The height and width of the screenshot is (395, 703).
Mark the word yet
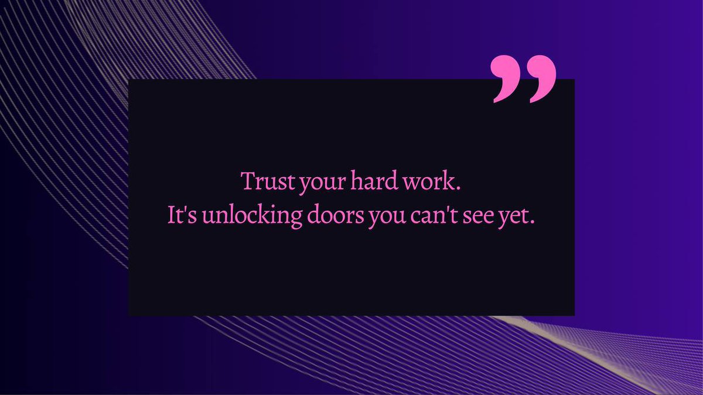click(x=517, y=216)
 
